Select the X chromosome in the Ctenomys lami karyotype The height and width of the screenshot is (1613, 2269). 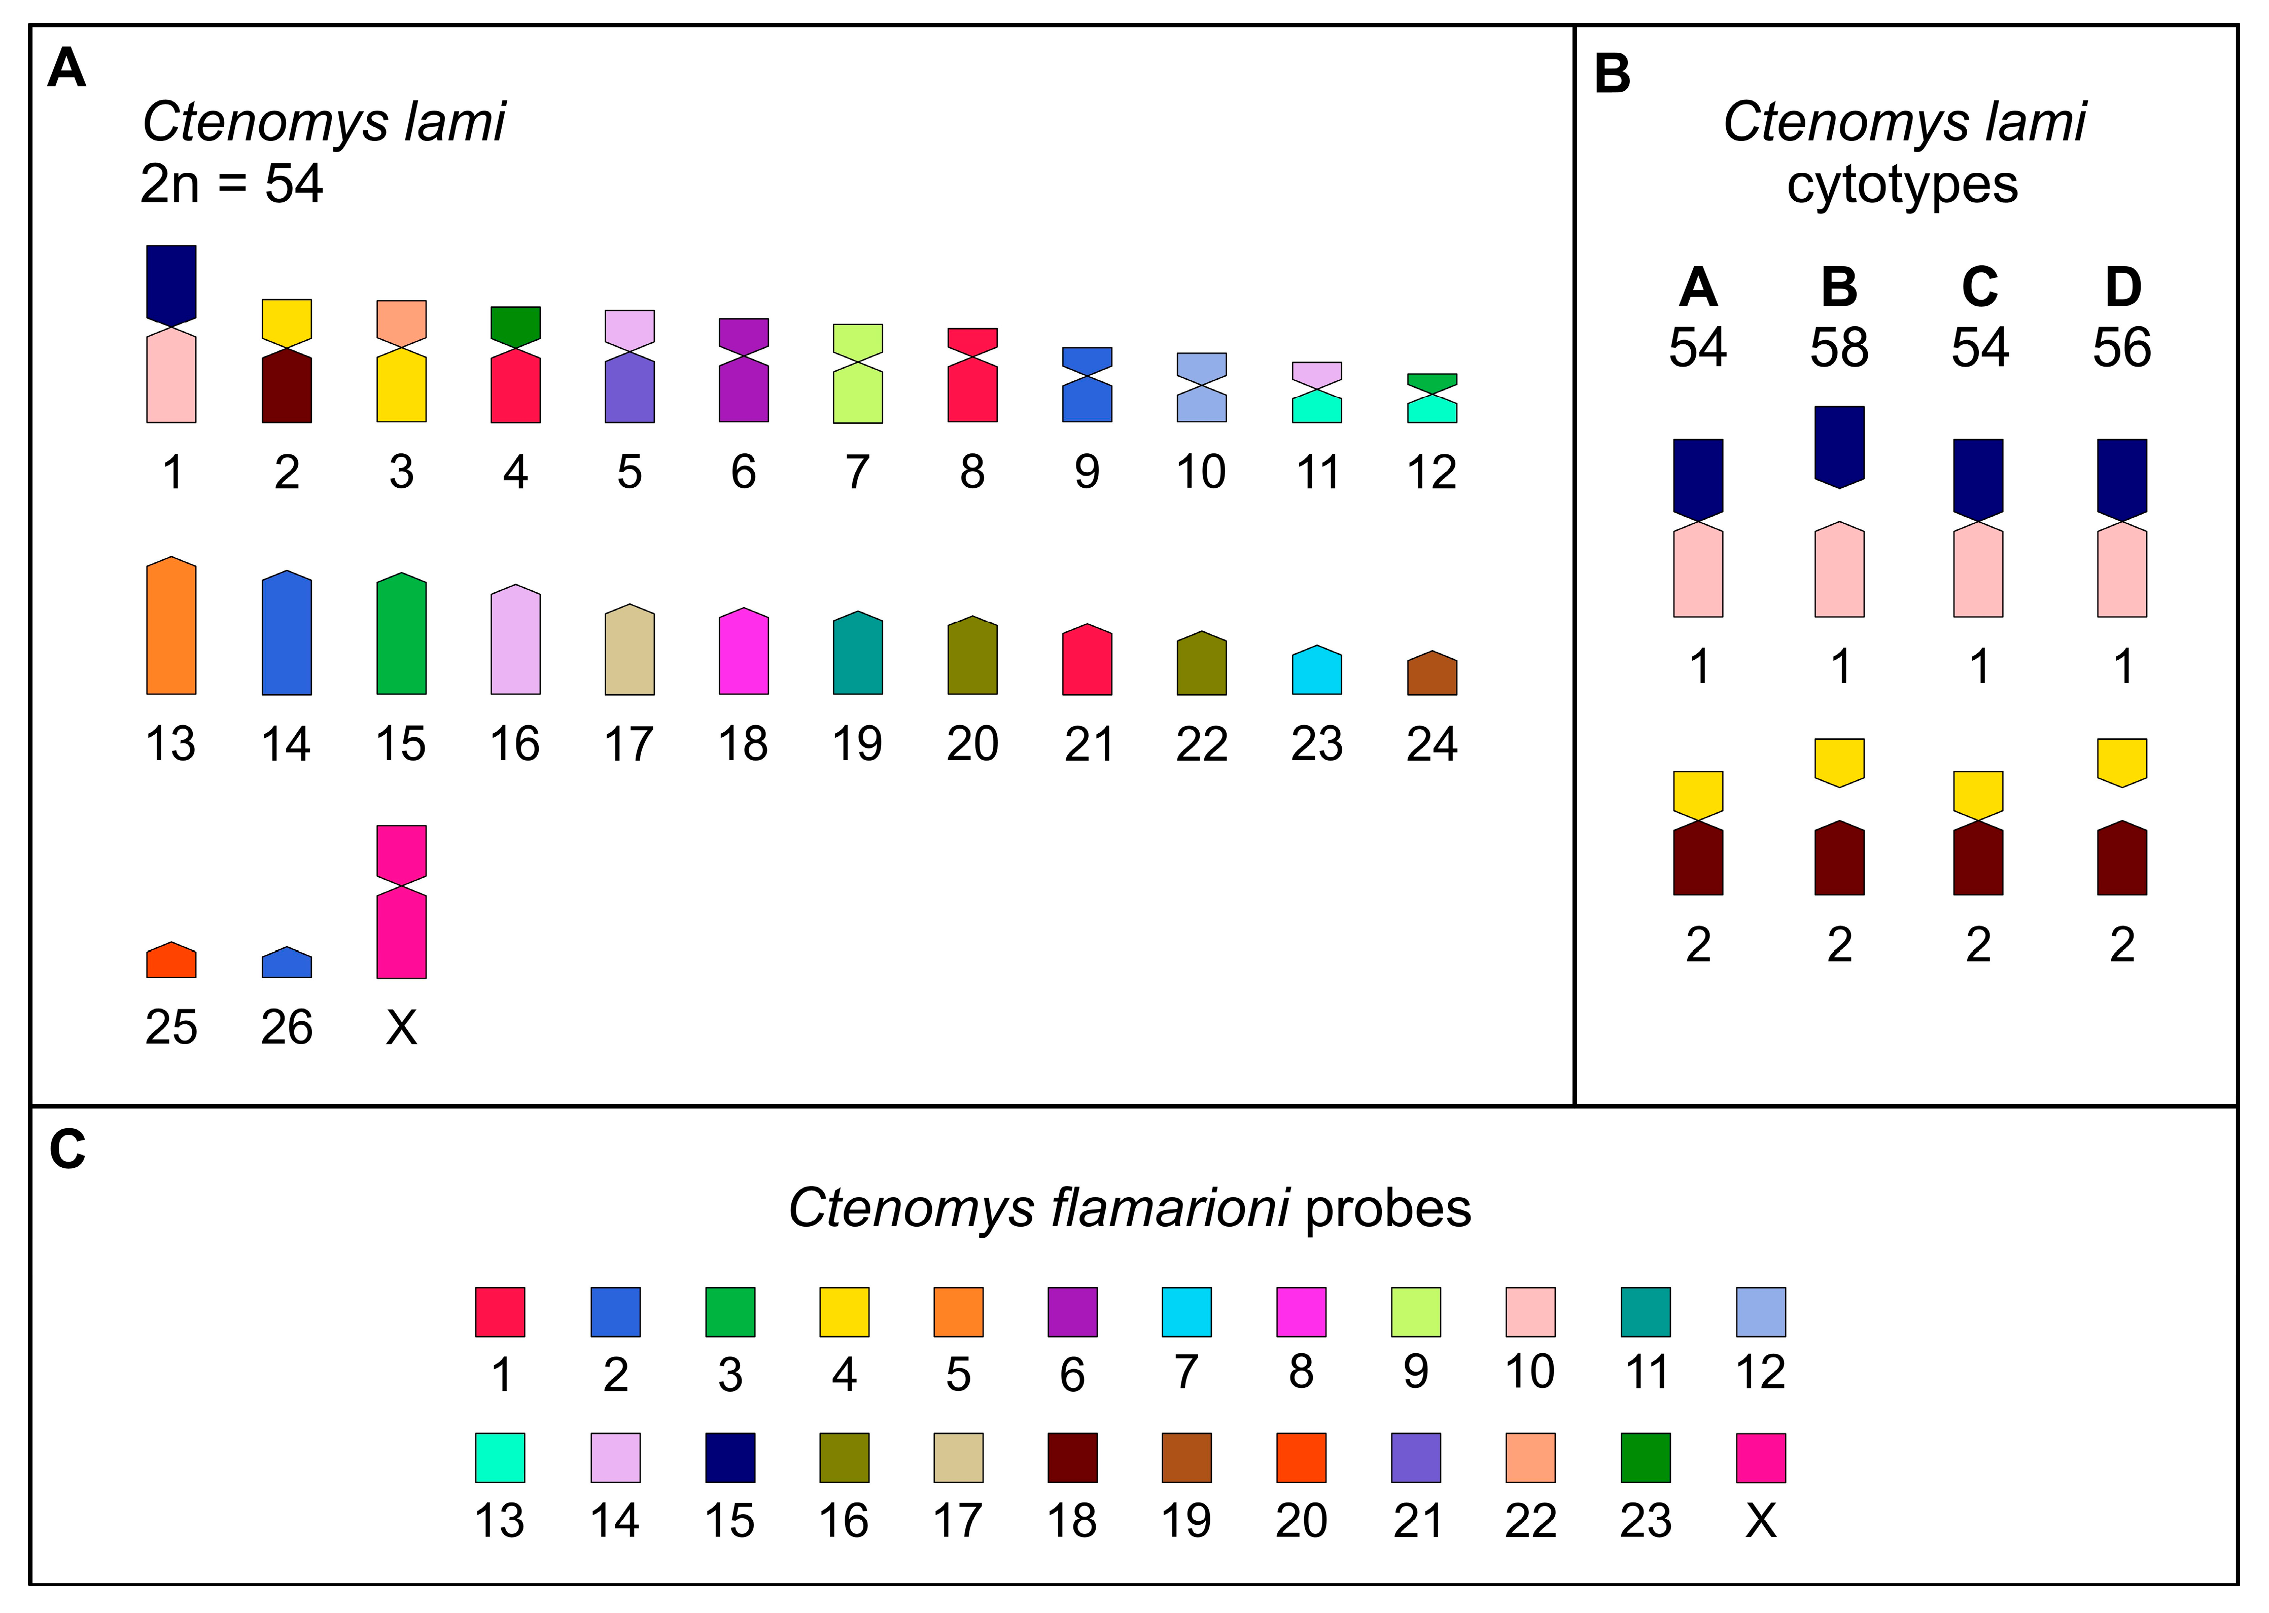point(401,902)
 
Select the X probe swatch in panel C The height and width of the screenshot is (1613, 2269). point(1760,1457)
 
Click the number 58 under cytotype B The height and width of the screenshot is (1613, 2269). point(1839,348)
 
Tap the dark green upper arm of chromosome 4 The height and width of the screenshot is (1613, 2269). point(515,326)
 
